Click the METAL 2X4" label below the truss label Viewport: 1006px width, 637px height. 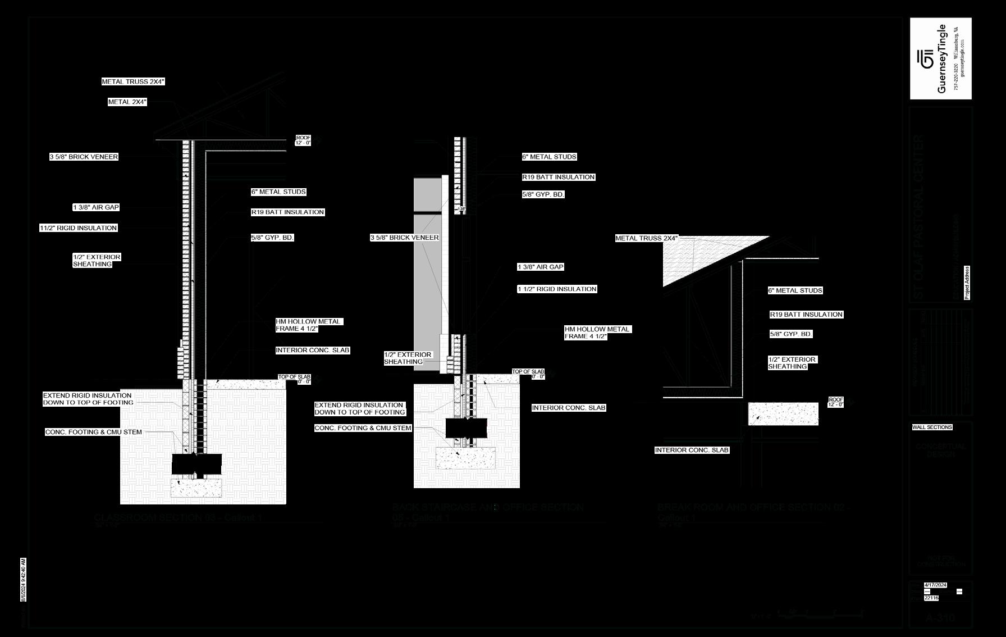click(127, 102)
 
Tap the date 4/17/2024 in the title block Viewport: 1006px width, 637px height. click(935, 585)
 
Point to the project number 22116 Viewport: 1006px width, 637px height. click(931, 598)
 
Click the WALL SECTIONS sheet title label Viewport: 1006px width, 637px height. click(932, 427)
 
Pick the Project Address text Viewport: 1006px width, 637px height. click(967, 283)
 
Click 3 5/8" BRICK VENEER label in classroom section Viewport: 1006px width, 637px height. click(84, 157)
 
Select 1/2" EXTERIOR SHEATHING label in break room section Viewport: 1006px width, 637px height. click(792, 363)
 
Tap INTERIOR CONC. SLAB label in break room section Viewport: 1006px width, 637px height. click(692, 450)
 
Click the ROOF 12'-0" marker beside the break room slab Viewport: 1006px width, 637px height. click(836, 402)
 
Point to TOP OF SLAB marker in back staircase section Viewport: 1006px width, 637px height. click(528, 374)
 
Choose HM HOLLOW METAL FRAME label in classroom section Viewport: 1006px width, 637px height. click(309, 325)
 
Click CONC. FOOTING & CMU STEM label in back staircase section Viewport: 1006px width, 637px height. click(363, 428)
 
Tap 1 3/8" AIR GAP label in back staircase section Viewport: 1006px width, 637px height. click(540, 267)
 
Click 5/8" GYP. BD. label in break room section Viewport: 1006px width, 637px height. click(791, 334)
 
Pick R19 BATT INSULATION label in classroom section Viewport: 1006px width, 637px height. click(287, 212)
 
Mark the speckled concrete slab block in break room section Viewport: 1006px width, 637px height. click(783, 413)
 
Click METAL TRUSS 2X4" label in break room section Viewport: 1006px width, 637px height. click(646, 238)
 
